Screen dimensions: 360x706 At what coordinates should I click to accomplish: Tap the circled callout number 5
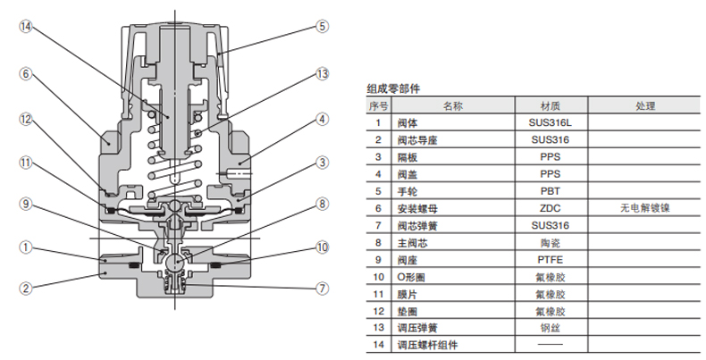[x=322, y=27]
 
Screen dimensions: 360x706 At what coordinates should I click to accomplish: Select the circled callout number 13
[x=322, y=74]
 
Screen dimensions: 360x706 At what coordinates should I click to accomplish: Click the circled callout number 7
[x=322, y=288]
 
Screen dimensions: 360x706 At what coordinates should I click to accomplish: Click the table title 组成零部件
[x=393, y=88]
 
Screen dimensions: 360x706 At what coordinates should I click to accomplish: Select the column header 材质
[x=550, y=105]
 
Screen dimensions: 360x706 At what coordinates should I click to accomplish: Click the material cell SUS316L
[x=550, y=123]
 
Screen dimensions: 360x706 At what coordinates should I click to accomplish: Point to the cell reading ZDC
[x=550, y=208]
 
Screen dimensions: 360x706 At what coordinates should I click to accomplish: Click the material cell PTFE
[x=550, y=259]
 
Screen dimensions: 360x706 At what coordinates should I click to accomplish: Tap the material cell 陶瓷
[x=550, y=242]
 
